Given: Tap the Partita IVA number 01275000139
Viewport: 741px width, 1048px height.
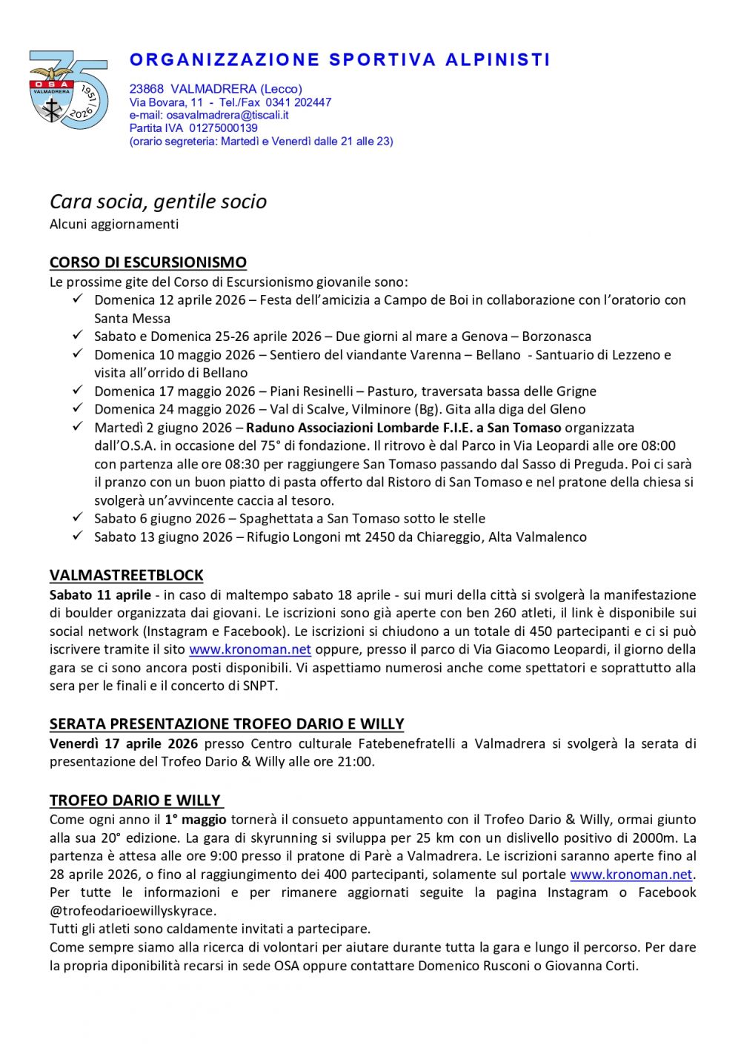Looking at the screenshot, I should pos(223,128).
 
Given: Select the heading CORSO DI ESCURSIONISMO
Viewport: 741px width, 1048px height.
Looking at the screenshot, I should pos(148,262).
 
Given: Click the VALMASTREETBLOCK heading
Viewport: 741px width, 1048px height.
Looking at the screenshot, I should pos(127,575).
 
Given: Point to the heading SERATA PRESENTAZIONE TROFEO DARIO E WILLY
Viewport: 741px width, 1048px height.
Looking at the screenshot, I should pos(227,724).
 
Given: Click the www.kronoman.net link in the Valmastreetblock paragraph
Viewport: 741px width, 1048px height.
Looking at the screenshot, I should pos(250,649).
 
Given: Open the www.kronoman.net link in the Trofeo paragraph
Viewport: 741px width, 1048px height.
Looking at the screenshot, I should pos(631,875).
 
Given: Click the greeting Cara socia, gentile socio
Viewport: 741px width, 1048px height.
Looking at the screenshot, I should pos(158,202).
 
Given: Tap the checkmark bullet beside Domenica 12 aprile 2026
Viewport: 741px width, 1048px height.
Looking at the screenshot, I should pos(77,299).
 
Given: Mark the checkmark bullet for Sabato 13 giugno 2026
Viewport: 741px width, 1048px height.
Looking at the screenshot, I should pos(77,536).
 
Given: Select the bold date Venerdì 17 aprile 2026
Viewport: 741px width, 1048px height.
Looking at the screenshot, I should pos(124,743).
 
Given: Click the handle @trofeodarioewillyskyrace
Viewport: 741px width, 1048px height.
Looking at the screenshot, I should pos(133,911).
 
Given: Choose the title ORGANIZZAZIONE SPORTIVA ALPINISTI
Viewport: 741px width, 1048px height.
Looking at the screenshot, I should pos(340,60).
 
